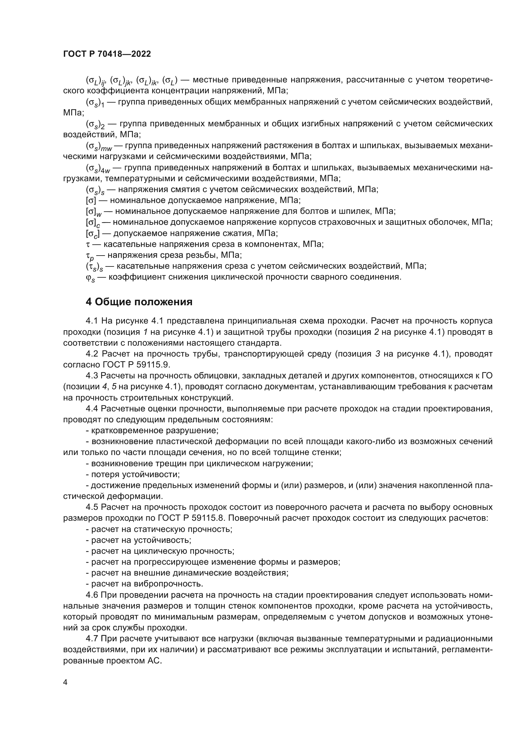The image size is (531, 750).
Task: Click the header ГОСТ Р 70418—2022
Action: (x=107, y=54)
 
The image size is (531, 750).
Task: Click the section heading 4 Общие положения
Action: (x=139, y=302)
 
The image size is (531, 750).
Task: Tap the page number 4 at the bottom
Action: (x=65, y=683)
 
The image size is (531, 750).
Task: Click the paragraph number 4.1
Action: (x=92, y=321)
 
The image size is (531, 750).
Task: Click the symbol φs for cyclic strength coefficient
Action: (x=90, y=278)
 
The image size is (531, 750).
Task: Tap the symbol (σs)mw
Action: (x=99, y=146)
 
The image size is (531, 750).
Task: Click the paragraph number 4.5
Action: (x=92, y=507)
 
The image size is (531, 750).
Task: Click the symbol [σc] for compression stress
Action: (x=92, y=234)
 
